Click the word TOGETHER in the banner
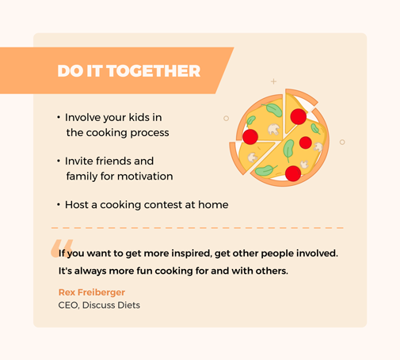click(x=154, y=71)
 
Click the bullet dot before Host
click(x=59, y=204)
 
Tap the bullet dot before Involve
click(x=59, y=117)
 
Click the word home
click(x=213, y=204)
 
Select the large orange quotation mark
click(x=62, y=248)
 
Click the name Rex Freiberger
click(x=92, y=292)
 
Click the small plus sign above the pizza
click(x=274, y=81)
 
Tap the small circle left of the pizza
click(x=226, y=119)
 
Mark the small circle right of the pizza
click(x=342, y=142)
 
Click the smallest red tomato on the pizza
click(x=306, y=142)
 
